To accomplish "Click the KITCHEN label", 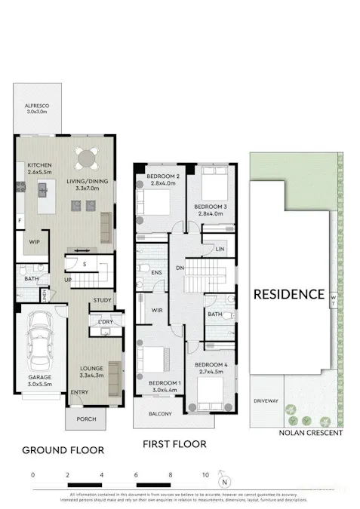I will [x=39, y=164].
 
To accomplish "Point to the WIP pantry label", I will [x=35, y=241].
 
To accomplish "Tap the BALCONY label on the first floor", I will [x=160, y=414].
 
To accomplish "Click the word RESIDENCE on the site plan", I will [x=289, y=294].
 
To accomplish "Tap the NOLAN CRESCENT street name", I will [x=309, y=433].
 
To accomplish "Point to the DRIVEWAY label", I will [x=266, y=401].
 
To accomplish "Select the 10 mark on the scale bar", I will [x=204, y=476].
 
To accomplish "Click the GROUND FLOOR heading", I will [x=62, y=450].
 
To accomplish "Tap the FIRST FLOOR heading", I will [x=174, y=444].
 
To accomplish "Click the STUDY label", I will [x=102, y=301].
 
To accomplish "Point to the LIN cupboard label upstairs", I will [x=220, y=249].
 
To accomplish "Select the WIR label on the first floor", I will [x=158, y=310].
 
